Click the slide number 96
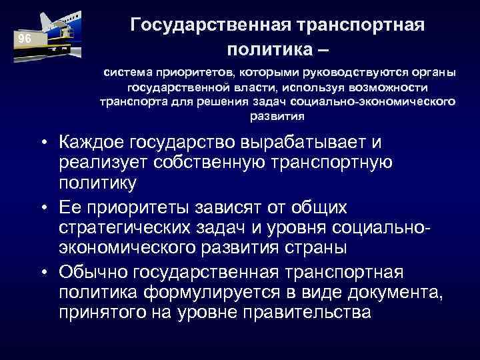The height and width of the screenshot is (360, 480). point(25,38)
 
